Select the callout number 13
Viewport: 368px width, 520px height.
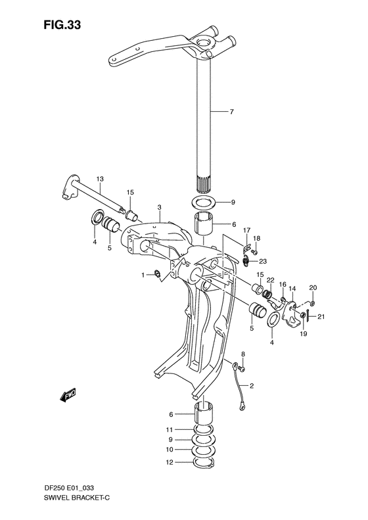99,178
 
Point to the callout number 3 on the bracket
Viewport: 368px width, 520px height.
160,208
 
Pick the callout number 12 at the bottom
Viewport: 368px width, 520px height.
170,463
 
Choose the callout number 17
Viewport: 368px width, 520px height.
247,229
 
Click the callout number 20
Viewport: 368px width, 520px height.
312,287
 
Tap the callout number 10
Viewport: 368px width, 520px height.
170,451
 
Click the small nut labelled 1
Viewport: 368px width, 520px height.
157,274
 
